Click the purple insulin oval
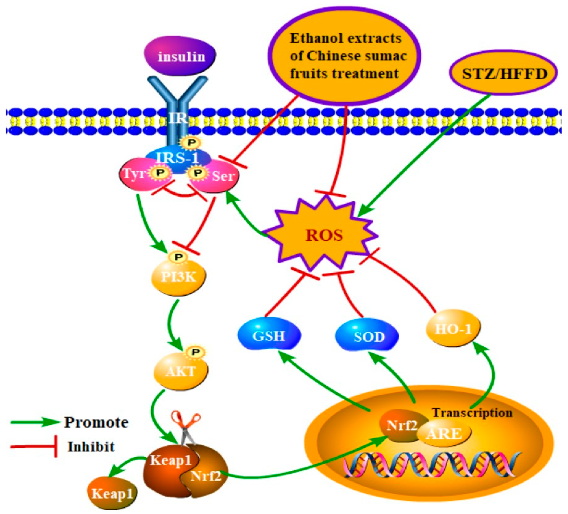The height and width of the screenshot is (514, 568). click(x=180, y=56)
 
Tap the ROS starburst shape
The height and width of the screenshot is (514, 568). click(x=324, y=235)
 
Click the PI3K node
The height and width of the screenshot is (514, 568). click(x=178, y=278)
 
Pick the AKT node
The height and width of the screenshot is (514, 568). click(x=180, y=372)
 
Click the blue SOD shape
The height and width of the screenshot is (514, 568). click(x=368, y=337)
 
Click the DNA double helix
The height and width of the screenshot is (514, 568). click(x=431, y=468)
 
